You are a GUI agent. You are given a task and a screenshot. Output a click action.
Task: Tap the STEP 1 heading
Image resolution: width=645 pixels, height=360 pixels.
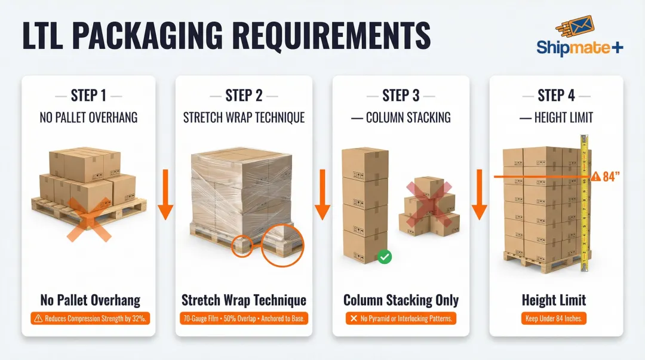click(x=88, y=96)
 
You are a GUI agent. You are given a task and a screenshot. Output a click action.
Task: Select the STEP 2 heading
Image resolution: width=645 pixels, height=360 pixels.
click(x=244, y=96)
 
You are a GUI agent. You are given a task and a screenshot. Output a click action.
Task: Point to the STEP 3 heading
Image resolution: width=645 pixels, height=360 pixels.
click(x=401, y=96)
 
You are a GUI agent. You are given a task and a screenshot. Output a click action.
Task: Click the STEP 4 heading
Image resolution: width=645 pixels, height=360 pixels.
click(x=556, y=96)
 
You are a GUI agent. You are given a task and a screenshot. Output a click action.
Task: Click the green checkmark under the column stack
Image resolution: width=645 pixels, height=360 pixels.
click(x=385, y=257)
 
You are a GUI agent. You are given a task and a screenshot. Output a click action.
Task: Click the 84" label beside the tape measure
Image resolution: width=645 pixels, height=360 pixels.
click(x=609, y=176)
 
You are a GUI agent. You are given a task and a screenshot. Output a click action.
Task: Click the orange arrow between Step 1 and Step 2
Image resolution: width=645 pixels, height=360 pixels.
click(x=165, y=194)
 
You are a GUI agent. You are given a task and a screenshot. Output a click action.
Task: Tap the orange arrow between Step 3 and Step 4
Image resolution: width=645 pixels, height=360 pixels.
click(x=479, y=194)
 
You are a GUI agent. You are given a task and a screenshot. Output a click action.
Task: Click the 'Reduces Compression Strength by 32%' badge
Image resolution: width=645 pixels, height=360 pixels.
click(x=88, y=318)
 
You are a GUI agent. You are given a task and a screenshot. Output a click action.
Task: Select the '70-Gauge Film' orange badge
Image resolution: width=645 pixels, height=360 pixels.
click(x=244, y=318)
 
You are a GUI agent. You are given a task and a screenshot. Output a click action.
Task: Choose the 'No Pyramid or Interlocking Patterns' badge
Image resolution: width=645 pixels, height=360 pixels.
click(x=401, y=318)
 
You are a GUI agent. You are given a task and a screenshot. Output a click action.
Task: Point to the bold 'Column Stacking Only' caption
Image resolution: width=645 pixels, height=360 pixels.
click(x=401, y=300)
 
